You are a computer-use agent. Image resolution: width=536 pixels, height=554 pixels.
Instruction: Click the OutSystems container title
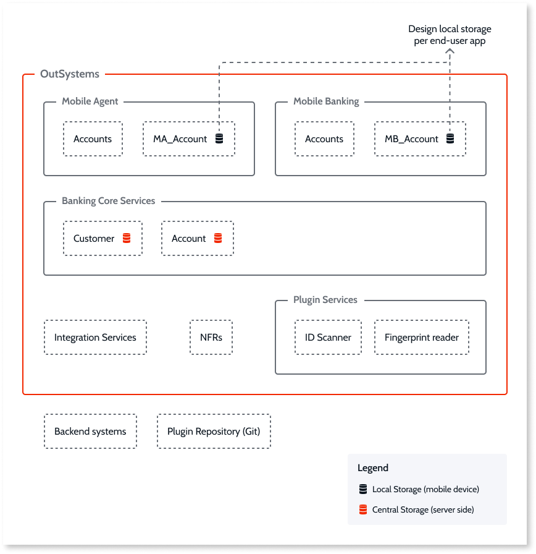tap(69, 74)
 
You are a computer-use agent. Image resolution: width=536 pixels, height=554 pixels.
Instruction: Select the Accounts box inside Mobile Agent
tap(93, 139)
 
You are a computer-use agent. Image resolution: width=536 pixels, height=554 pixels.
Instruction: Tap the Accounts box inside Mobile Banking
tap(324, 139)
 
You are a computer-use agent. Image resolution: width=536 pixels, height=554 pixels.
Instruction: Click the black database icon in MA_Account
tap(219, 139)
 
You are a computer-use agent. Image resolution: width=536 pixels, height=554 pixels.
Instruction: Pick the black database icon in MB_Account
tap(450, 139)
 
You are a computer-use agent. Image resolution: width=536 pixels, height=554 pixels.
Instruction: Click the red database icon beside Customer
tap(127, 238)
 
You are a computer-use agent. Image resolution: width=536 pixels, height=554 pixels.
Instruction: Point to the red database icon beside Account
tap(217, 238)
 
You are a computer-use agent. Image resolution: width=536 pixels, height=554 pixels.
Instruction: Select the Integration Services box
tap(95, 338)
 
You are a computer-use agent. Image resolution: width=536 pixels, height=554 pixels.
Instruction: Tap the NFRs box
tap(211, 338)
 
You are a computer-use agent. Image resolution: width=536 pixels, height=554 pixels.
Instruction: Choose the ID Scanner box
tap(328, 338)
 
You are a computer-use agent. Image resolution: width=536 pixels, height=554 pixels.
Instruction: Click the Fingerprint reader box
tap(422, 338)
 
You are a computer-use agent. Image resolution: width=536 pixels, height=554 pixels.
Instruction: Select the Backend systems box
tap(90, 432)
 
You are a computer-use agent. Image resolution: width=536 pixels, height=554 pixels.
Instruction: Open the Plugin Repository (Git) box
tap(214, 432)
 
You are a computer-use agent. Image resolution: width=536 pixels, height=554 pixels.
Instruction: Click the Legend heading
tap(373, 468)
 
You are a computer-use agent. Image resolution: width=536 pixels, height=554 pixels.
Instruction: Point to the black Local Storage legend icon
tap(363, 489)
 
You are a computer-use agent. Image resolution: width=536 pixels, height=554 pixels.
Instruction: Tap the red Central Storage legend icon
tap(363, 510)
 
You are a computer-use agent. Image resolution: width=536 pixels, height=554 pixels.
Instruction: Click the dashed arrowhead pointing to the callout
tap(450, 55)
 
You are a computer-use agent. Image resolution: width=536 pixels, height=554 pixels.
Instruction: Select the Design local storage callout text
tap(450, 35)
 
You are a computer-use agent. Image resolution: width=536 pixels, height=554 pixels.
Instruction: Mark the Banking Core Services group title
tap(108, 201)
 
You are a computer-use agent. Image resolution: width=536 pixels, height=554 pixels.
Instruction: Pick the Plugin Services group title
tap(325, 300)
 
